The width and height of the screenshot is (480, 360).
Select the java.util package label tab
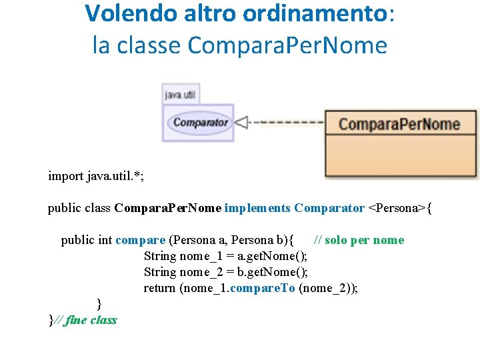click(x=181, y=95)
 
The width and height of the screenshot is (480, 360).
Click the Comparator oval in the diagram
click(x=200, y=122)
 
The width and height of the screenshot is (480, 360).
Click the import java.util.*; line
click(x=96, y=176)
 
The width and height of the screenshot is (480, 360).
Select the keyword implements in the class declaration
click(x=257, y=208)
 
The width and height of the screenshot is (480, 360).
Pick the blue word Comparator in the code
click(x=329, y=208)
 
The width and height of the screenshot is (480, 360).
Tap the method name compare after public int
click(x=140, y=240)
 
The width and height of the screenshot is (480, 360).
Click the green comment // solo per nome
click(x=359, y=240)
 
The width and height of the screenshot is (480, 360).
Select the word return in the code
click(x=160, y=288)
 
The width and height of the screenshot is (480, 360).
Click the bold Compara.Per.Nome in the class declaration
click(x=168, y=208)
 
